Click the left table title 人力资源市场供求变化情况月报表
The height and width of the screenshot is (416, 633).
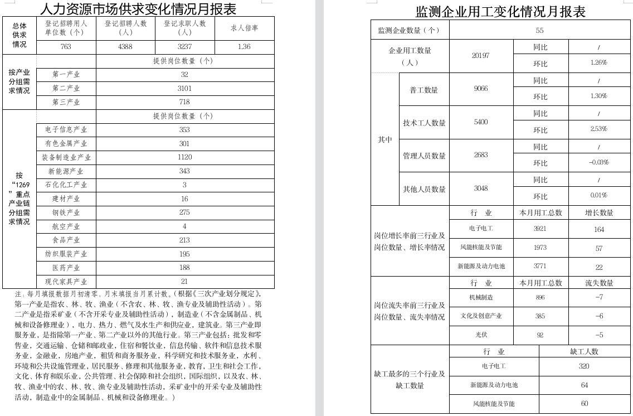(x=138, y=9)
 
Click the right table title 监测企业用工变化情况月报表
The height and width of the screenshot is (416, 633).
(x=500, y=12)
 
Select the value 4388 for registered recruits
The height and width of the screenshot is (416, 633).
(x=125, y=47)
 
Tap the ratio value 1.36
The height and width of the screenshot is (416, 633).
(x=244, y=47)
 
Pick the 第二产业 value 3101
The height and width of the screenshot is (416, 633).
(x=184, y=88)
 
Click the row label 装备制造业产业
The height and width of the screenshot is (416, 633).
(x=66, y=157)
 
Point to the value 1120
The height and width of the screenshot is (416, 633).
(x=184, y=157)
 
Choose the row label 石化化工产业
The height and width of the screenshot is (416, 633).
(x=66, y=185)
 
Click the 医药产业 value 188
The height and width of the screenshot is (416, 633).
(x=184, y=268)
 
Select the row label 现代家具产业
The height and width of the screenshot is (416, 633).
(x=66, y=282)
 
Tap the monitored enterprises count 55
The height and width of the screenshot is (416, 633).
(x=539, y=31)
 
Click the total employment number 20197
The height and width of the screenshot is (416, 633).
(x=480, y=55)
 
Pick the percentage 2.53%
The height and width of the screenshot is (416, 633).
(x=598, y=129)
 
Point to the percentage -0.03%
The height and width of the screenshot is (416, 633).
(x=598, y=162)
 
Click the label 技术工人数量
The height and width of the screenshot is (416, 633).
(x=425, y=123)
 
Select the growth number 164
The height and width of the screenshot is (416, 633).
(x=598, y=229)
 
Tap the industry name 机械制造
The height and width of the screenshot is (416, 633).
(x=480, y=298)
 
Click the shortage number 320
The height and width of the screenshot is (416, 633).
(x=584, y=366)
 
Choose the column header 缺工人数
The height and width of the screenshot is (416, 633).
(x=584, y=352)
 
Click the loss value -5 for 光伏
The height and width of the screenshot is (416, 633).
(x=598, y=335)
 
